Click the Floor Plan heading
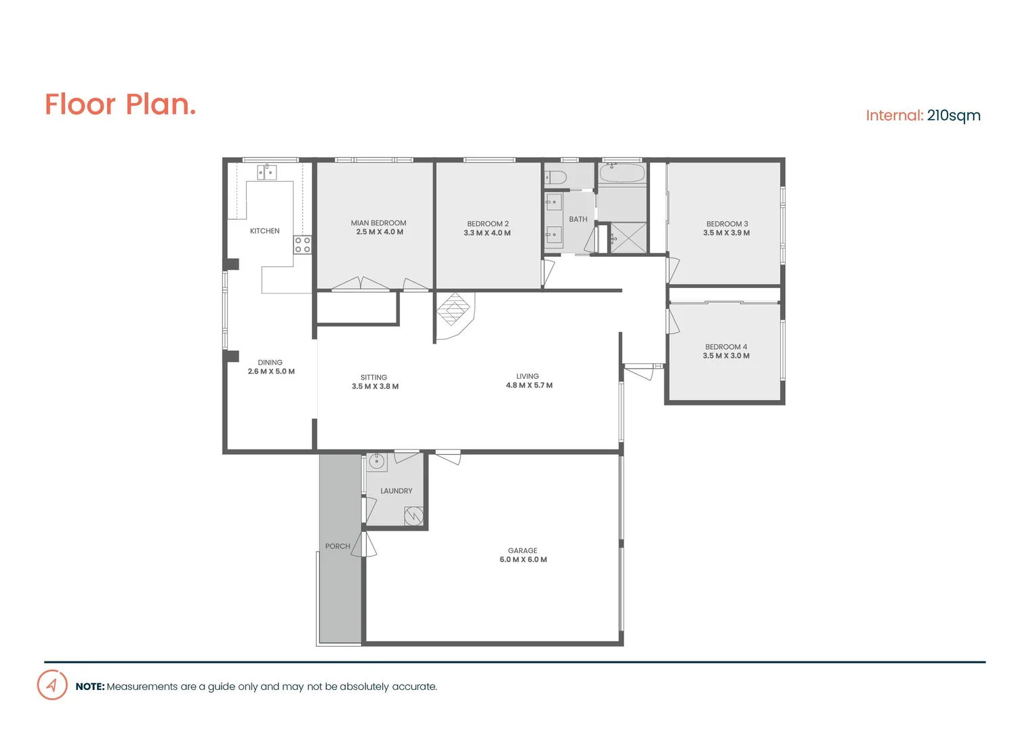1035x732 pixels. click(120, 104)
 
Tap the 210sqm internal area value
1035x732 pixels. click(953, 115)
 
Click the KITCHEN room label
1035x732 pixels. click(264, 231)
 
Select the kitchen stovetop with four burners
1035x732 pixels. click(302, 245)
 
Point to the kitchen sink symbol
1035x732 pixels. click(266, 172)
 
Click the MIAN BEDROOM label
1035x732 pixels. click(378, 223)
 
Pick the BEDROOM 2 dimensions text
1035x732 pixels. click(487, 233)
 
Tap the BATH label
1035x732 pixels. click(578, 220)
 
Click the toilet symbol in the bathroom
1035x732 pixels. click(556, 178)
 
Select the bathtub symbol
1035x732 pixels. click(622, 173)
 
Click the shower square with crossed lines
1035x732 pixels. click(628, 238)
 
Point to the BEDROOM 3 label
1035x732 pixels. click(727, 224)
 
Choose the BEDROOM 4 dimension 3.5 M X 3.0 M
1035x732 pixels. click(726, 356)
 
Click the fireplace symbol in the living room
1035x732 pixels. click(453, 310)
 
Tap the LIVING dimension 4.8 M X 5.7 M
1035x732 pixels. click(529, 386)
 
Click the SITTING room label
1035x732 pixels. click(373, 378)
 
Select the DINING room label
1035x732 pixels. click(270, 363)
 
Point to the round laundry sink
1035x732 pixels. click(377, 462)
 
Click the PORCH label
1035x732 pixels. click(338, 546)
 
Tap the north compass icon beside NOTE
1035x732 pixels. click(52, 685)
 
